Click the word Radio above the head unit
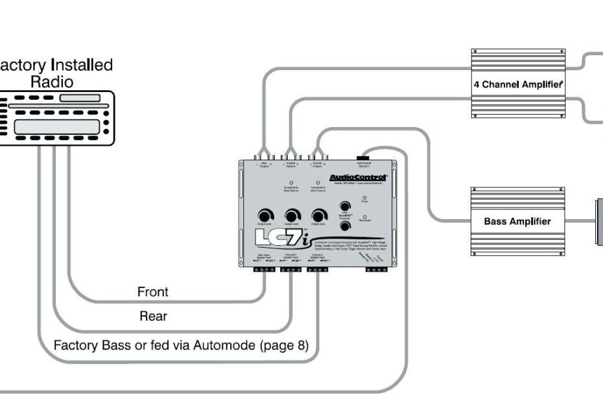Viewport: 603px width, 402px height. tap(52, 82)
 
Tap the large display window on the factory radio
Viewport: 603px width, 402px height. tap(56, 126)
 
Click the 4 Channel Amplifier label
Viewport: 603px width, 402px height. tap(518, 84)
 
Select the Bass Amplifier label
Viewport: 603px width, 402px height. tap(517, 221)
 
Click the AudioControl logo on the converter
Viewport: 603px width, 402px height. tap(358, 177)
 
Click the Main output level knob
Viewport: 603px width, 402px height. tap(265, 216)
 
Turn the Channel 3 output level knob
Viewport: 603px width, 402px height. tap(318, 216)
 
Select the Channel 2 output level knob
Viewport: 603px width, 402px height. tap(292, 216)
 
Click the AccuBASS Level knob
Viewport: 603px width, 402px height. tap(345, 207)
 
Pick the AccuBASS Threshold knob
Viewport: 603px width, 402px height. tap(345, 226)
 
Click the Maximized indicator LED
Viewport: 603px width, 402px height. tap(364, 216)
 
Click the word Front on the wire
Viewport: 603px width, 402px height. tap(152, 292)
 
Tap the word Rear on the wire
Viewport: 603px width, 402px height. tap(153, 316)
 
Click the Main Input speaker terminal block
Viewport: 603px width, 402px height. tap(265, 269)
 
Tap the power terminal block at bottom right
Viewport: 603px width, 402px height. tap(377, 269)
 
